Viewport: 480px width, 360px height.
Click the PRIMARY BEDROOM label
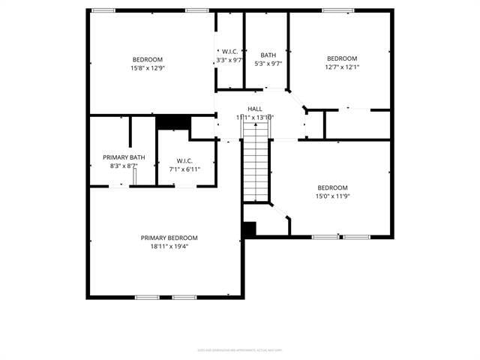(x=169, y=238)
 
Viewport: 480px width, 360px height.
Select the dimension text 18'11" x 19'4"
(x=169, y=246)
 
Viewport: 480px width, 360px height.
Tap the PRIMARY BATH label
(x=124, y=157)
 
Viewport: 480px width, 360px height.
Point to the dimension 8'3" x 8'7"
(x=124, y=165)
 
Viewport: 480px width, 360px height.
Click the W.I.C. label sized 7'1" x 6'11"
(x=184, y=160)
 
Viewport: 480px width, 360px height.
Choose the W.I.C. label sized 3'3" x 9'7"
(x=229, y=52)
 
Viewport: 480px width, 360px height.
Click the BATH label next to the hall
(x=268, y=55)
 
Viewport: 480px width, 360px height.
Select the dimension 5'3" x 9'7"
(x=268, y=64)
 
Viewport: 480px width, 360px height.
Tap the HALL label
(x=255, y=109)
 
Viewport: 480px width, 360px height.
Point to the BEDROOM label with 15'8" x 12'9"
(x=148, y=59)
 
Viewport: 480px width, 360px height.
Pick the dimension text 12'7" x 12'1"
(x=342, y=67)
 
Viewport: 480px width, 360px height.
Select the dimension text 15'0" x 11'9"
(x=332, y=196)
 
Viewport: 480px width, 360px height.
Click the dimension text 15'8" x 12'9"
(x=148, y=67)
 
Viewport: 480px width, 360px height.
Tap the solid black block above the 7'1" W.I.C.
(x=172, y=121)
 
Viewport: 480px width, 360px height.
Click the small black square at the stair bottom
(x=249, y=229)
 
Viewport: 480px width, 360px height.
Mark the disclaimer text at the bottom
(x=240, y=349)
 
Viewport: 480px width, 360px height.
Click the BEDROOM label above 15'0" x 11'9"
(x=332, y=187)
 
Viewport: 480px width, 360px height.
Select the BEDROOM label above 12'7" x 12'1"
(x=342, y=58)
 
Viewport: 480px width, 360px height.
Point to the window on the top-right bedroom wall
(x=337, y=10)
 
